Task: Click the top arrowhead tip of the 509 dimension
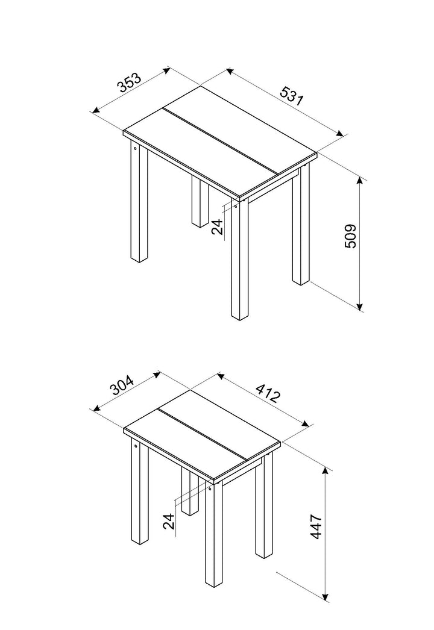coord(360,177)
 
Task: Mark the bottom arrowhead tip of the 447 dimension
coord(326,601)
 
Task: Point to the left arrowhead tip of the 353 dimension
coord(92,113)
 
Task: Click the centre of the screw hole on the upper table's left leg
coord(135,148)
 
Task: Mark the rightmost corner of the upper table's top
coord(317,152)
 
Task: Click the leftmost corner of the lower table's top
coord(124,428)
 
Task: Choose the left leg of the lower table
coord(140,491)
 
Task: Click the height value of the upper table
coord(351,236)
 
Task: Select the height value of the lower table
coord(316,526)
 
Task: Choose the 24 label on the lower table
coord(169,521)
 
